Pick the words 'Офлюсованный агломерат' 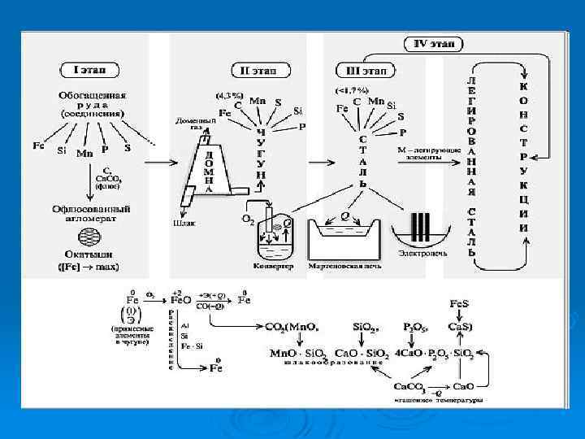(x=90, y=212)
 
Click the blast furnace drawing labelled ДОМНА (x=210, y=167)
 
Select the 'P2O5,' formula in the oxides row (x=416, y=326)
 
